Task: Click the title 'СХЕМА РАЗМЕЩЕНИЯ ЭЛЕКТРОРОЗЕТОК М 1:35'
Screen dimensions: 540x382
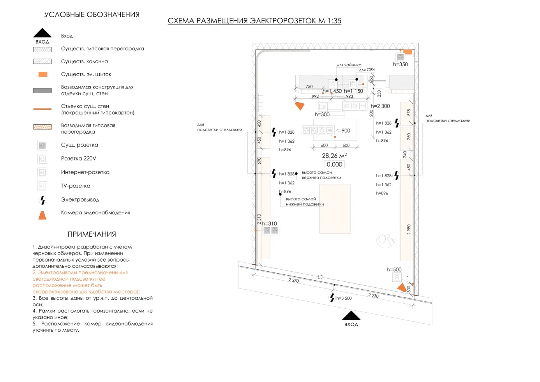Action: [x=254, y=21]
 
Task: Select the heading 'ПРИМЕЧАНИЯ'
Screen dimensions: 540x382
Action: [x=92, y=234]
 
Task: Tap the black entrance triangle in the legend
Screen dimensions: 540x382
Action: [x=42, y=33]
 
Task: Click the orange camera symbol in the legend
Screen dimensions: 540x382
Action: [x=42, y=215]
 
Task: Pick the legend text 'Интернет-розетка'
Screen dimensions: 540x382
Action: [x=85, y=172]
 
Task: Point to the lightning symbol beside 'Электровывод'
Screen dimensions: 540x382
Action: [x=42, y=200]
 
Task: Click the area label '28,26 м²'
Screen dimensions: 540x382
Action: [x=334, y=156]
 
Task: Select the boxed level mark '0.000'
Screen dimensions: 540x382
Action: [x=334, y=164]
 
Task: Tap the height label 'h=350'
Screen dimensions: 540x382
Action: [x=401, y=64]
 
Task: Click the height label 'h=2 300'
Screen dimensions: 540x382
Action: [x=380, y=106]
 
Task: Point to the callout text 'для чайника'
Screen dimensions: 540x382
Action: [x=349, y=65]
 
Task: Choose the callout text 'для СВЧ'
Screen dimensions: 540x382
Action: [x=367, y=70]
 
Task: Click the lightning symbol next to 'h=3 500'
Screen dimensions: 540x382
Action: [x=332, y=297]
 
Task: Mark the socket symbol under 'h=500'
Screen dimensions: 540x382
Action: [x=397, y=277]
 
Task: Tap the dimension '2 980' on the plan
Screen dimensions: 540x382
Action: [x=409, y=230]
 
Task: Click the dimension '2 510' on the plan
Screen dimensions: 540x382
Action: [x=259, y=219]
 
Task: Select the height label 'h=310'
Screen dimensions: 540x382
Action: [x=269, y=224]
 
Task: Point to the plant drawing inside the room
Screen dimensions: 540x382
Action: [x=385, y=241]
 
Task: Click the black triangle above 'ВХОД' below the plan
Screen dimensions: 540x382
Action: [x=351, y=315]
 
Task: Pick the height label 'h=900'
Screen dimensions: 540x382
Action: [x=343, y=131]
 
